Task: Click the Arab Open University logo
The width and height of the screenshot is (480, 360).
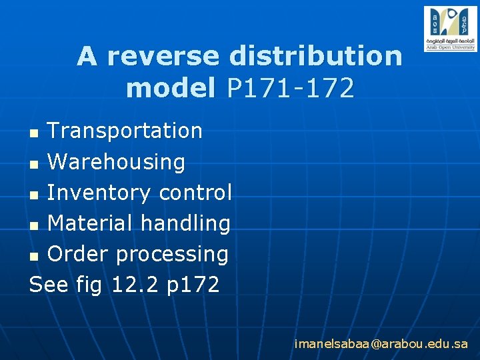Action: (x=450, y=29)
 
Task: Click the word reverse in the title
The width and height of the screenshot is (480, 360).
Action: (x=163, y=57)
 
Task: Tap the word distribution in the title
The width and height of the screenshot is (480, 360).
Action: (x=315, y=57)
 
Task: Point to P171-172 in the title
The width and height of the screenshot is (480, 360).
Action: (x=290, y=88)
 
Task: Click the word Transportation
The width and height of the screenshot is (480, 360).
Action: (x=125, y=131)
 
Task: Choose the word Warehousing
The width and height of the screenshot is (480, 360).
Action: (x=116, y=161)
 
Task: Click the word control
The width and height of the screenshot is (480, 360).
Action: (x=195, y=193)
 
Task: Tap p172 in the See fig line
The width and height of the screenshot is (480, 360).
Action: (x=193, y=285)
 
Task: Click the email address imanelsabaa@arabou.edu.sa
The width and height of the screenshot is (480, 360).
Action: (x=381, y=344)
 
